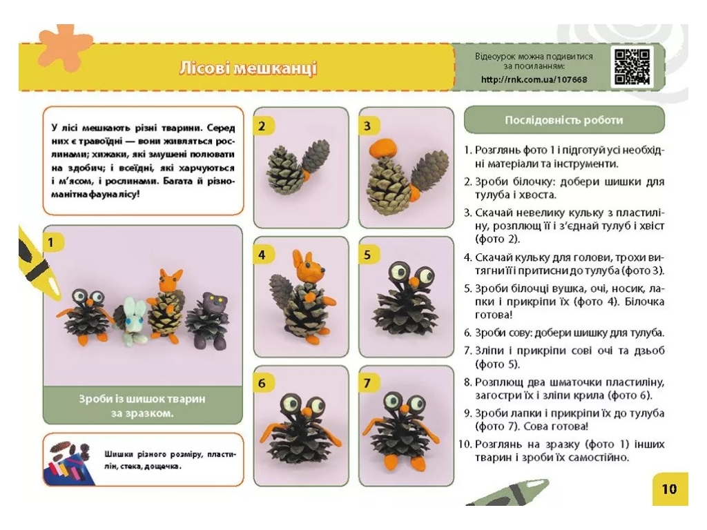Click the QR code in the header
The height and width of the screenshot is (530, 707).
[x=632, y=67]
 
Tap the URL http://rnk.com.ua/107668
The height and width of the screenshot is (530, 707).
[x=534, y=80]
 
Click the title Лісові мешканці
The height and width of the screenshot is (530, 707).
[x=248, y=68]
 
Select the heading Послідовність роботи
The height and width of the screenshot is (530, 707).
[x=563, y=120]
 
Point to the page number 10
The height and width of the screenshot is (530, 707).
[x=670, y=489]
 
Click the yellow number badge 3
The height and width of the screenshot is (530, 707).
[x=367, y=126]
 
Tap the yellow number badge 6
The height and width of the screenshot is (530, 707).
[x=262, y=384]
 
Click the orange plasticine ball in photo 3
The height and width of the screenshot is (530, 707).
[x=382, y=148]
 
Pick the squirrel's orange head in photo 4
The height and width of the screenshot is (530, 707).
[x=308, y=269]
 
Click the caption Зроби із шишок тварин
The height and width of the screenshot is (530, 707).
[x=142, y=399]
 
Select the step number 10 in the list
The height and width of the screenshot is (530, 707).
[x=465, y=444]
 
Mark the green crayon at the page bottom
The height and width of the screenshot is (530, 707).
[x=508, y=494]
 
